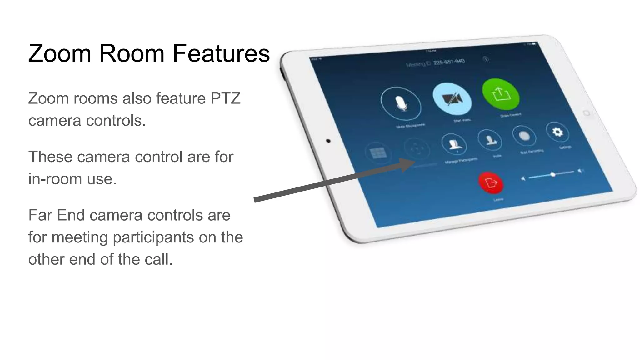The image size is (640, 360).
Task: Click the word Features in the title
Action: point(221,53)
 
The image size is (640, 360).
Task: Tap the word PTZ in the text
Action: point(225,98)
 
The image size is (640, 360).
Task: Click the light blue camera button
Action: point(452,99)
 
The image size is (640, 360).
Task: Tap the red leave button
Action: point(491,182)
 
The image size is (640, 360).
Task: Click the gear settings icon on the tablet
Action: point(557,132)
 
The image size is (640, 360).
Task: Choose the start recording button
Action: point(524,136)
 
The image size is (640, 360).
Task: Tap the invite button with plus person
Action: point(490,140)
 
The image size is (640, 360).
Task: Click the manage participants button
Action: point(454,144)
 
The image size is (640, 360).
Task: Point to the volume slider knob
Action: point(553,174)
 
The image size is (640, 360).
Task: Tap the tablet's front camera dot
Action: point(328,141)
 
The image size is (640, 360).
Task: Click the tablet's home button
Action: point(586,113)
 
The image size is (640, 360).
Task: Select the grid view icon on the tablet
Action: point(378,153)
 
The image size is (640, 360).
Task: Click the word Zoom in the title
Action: point(60,53)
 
